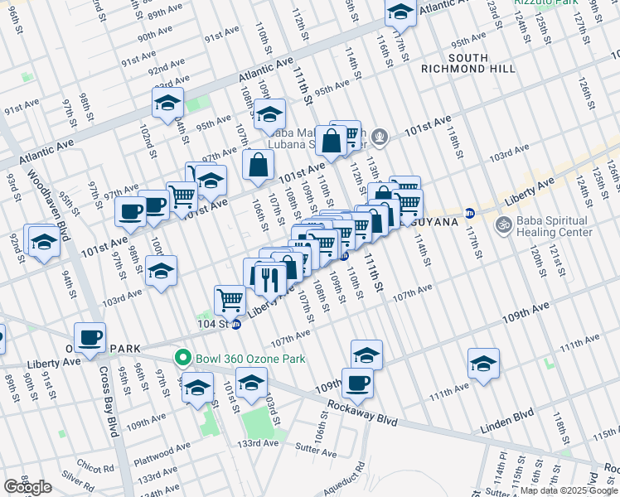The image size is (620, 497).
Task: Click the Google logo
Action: pos(27,488)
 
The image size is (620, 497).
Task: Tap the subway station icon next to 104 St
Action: pos(236,324)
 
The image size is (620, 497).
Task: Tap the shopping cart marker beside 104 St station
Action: pos(230,298)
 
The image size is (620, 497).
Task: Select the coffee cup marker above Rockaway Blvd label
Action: pos(357,382)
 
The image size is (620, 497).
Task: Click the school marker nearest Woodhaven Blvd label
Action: pos(44,241)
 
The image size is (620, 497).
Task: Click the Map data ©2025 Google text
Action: pos(568,490)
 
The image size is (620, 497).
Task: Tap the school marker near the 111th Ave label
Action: pos(483,364)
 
